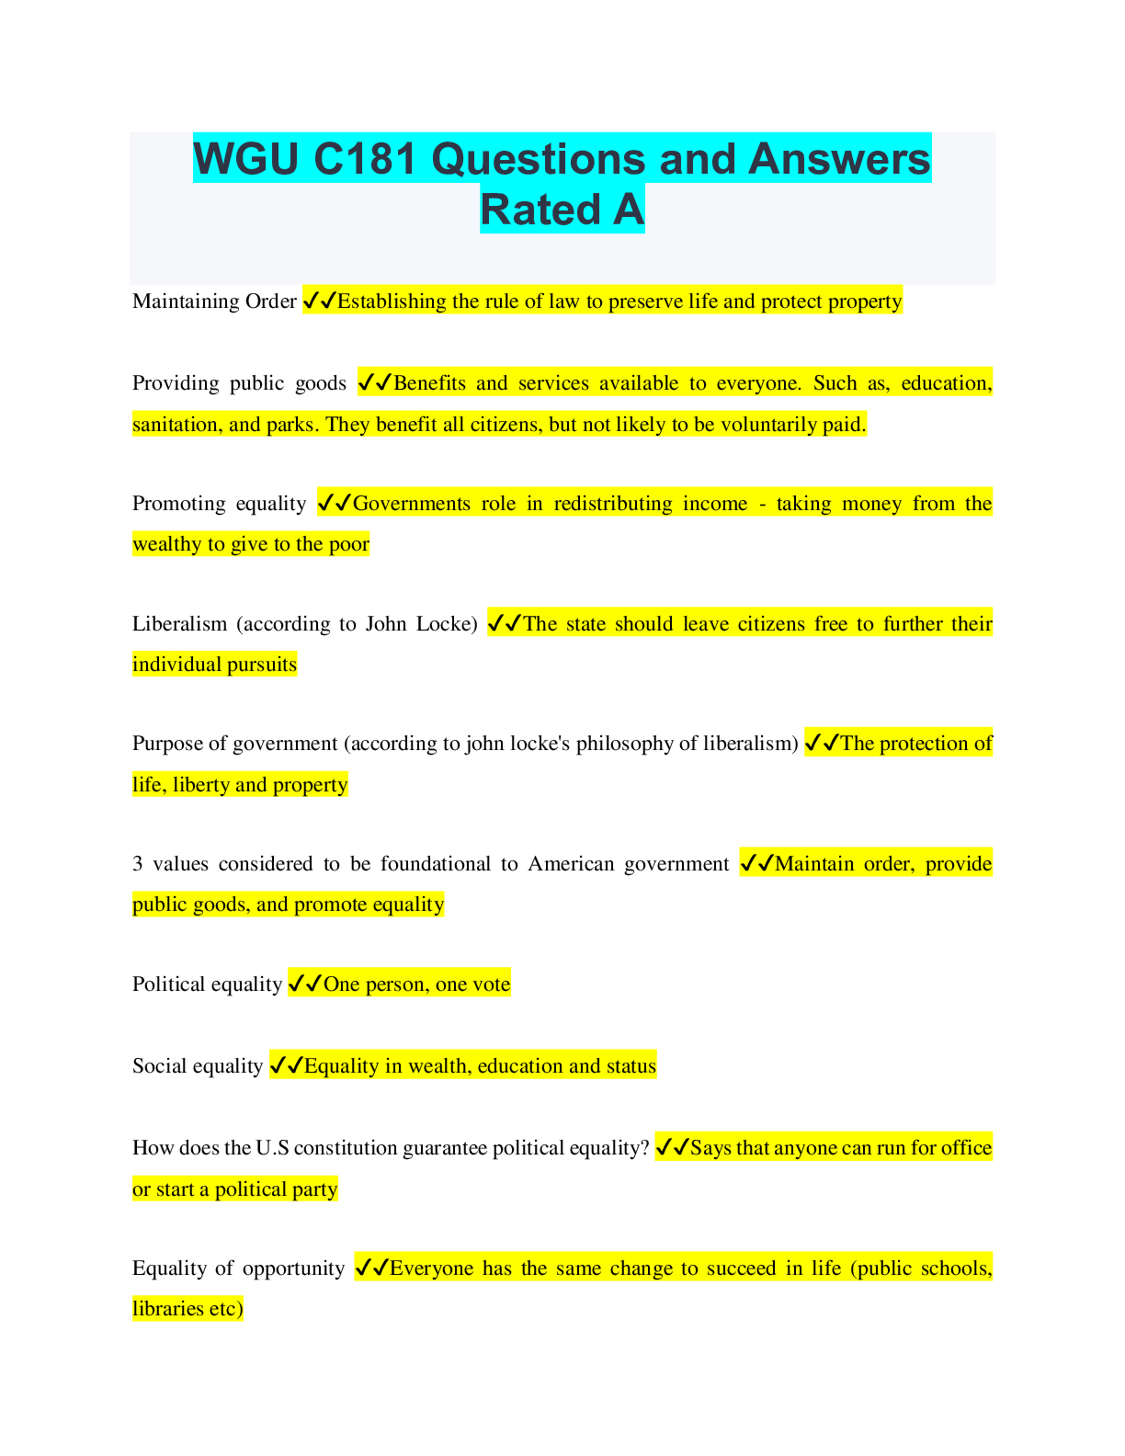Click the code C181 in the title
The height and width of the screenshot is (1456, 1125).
coord(365,159)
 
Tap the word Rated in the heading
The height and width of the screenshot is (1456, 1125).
coord(540,210)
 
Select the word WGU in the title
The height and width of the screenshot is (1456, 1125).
coord(246,159)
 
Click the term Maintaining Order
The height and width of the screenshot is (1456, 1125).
coord(214,301)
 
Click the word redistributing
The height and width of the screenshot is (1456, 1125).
coord(613,503)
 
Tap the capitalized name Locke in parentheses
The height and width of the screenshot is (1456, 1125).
coord(447,624)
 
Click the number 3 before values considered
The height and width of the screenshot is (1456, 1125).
coord(137,864)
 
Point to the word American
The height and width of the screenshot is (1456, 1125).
coord(571,864)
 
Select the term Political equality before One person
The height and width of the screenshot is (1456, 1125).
coord(207,984)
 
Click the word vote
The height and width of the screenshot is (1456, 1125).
coord(493,984)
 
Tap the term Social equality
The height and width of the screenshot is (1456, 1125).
coord(198,1066)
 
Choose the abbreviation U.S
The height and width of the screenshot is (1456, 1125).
coord(272,1148)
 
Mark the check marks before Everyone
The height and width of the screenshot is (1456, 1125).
coord(372,1268)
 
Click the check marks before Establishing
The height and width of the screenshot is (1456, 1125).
coord(320,301)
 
